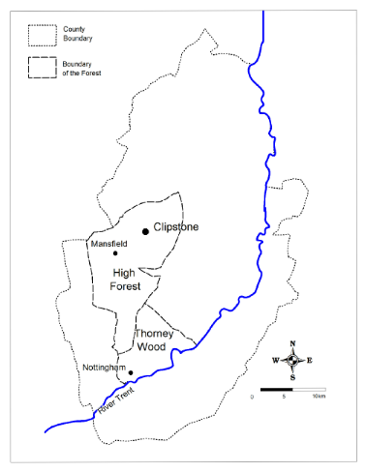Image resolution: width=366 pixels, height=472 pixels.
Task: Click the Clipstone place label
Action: pyautogui.click(x=177, y=227)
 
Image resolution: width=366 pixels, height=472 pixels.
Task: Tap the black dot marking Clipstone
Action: pyautogui.click(x=146, y=231)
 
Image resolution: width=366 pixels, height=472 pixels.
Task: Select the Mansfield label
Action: pyautogui.click(x=108, y=244)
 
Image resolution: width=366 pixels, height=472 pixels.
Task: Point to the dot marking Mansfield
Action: pyautogui.click(x=116, y=253)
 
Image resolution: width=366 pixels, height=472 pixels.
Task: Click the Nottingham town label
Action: pyautogui.click(x=106, y=369)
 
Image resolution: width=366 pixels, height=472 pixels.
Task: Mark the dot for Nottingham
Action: pyautogui.click(x=131, y=371)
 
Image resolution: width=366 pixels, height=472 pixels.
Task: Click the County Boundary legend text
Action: pyautogui.click(x=78, y=35)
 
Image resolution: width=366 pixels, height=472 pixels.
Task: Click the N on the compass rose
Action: pyautogui.click(x=292, y=343)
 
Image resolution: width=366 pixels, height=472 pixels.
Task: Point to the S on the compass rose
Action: pyautogui.click(x=292, y=377)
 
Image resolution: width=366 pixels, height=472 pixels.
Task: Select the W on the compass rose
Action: pyautogui.click(x=275, y=361)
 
